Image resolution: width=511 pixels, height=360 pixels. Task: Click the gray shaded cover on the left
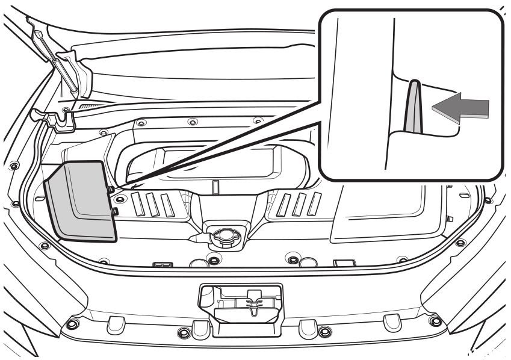point(81,202)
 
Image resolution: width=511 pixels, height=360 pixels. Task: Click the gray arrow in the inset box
point(461,109)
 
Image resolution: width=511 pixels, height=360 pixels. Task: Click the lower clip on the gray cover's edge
point(114,211)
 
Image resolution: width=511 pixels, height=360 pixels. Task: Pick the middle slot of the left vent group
point(153,205)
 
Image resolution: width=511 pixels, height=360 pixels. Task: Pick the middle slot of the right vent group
point(297,205)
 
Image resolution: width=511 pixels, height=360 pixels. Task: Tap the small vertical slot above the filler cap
point(215,187)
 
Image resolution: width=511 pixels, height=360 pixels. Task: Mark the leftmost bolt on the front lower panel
point(72,324)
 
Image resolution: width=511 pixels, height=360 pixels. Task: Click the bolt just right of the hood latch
point(324,331)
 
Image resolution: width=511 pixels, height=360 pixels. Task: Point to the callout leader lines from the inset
point(229,144)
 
